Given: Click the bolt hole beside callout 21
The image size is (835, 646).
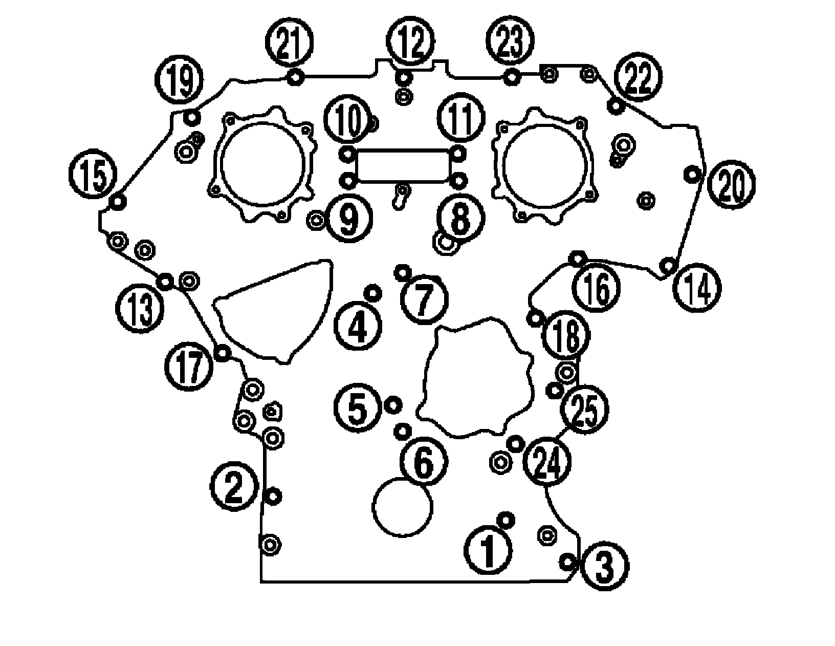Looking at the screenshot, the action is point(295,78).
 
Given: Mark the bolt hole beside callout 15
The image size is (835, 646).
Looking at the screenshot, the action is point(118,202).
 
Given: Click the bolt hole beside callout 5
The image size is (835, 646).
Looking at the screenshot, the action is point(393,405).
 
